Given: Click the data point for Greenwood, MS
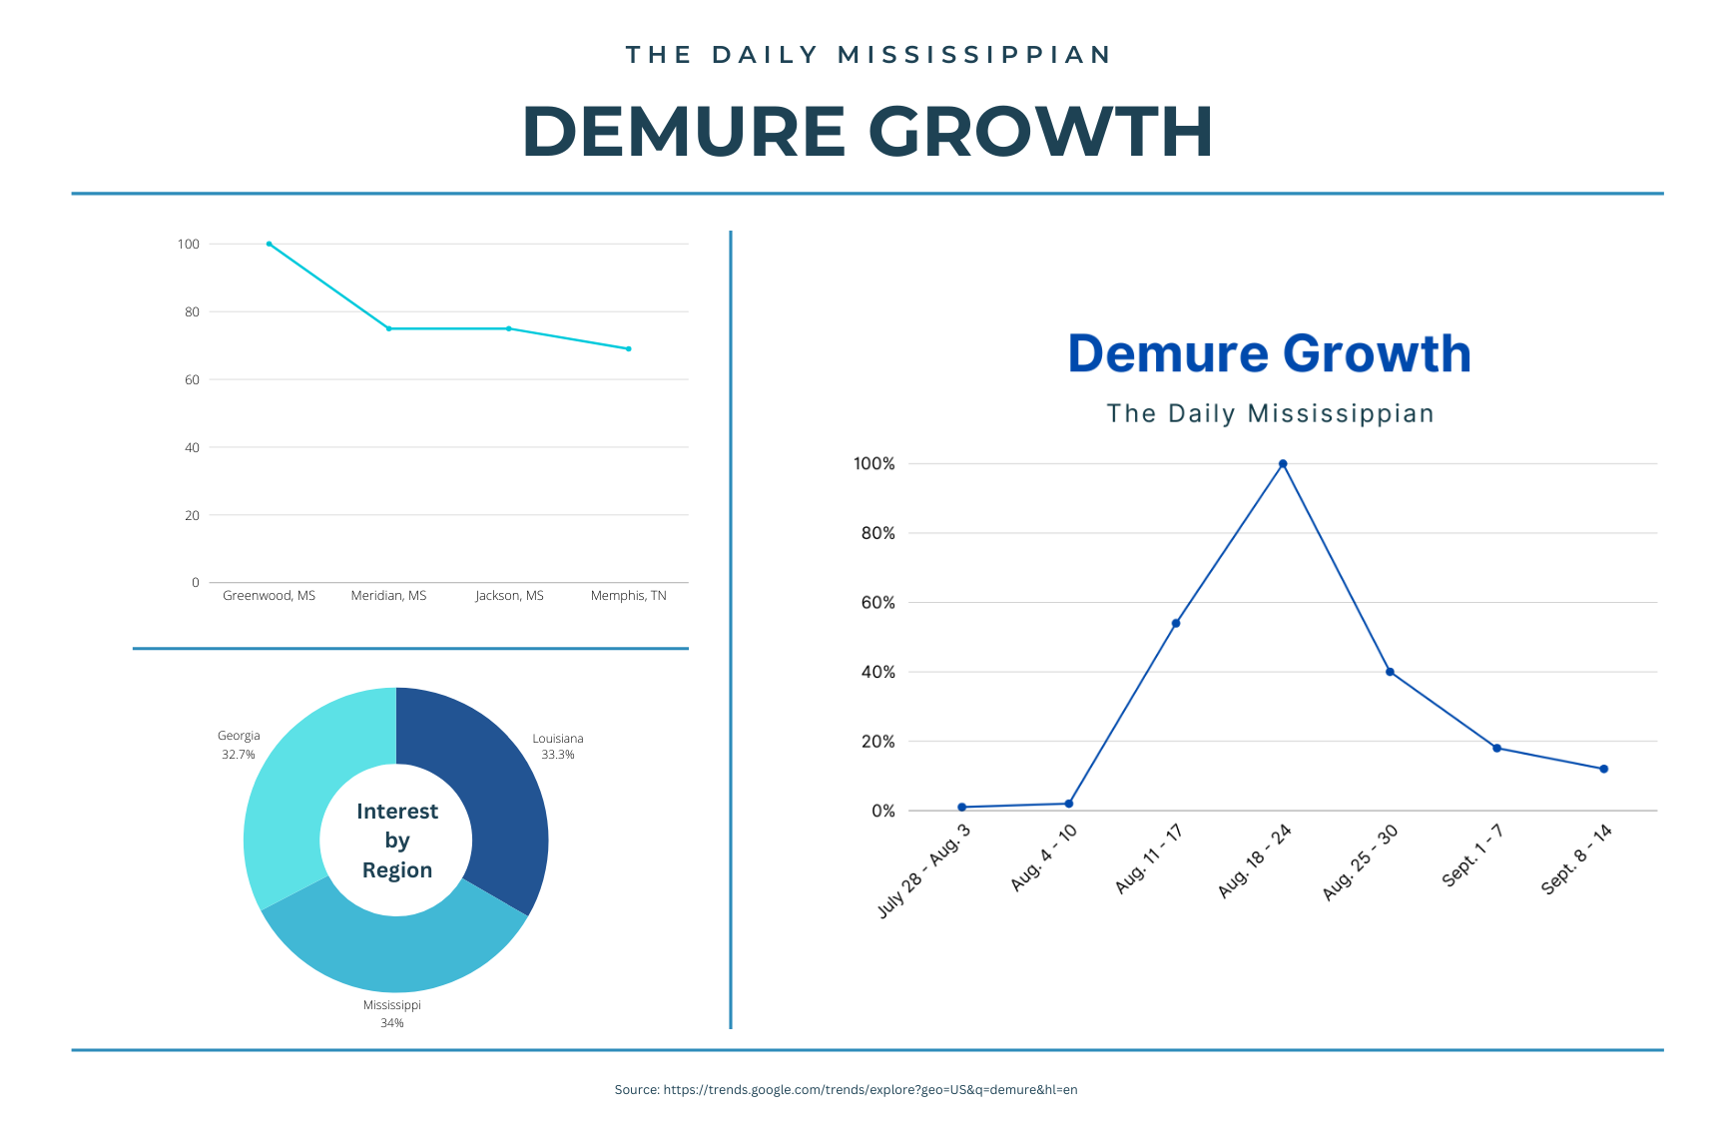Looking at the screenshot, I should [x=269, y=244].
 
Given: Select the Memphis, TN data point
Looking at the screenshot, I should [x=629, y=348].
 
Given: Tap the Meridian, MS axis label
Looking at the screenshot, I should [x=388, y=596].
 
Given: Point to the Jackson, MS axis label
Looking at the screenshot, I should [x=509, y=596].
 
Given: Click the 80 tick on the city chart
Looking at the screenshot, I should [x=192, y=312].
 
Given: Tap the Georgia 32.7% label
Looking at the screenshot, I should [x=239, y=745].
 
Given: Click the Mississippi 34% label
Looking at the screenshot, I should [x=392, y=1013].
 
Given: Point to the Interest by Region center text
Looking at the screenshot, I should [x=397, y=841].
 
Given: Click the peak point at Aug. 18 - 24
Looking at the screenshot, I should [x=1283, y=464].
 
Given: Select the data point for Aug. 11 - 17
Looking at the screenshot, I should [x=1176, y=623].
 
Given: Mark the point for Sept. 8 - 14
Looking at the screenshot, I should [x=1603, y=769].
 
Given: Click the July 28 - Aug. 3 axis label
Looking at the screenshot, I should [x=924, y=871].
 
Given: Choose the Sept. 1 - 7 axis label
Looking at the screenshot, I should [x=1472, y=855].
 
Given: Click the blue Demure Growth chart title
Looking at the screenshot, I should [x=1269, y=354].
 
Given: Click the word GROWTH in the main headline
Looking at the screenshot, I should [x=1040, y=132].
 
